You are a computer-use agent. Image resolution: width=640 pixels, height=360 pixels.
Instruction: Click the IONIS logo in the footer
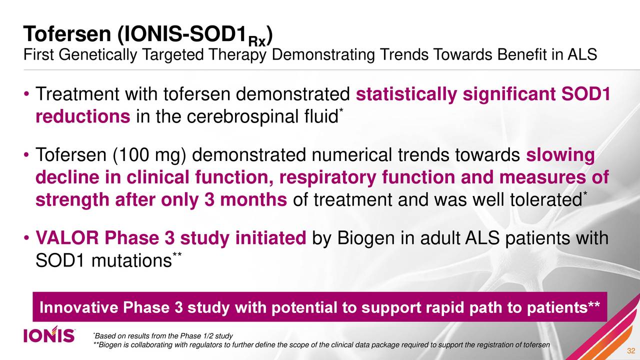[49, 335]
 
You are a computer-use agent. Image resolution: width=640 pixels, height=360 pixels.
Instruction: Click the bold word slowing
[560, 156]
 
